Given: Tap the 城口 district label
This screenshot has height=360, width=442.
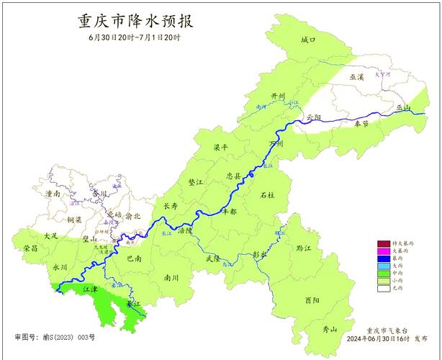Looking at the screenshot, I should [308, 40].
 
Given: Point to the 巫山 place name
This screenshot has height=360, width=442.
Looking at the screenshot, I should [402, 108].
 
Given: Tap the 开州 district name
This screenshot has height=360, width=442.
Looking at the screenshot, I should [278, 96].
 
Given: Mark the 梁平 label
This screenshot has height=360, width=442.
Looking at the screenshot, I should [220, 147].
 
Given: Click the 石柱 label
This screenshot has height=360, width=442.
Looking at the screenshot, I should [267, 195].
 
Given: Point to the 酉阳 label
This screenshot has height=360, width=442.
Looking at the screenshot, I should [312, 300].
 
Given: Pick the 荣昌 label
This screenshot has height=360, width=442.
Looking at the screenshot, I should [30, 248].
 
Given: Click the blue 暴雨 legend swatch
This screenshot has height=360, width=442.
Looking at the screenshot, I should [383, 258].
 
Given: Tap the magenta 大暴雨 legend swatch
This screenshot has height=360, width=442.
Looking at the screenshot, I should [383, 251].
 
